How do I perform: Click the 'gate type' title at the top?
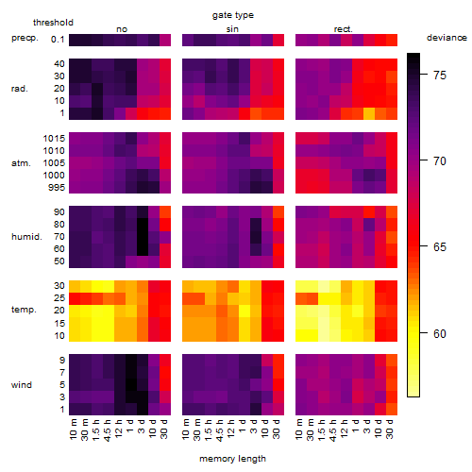point(233,15)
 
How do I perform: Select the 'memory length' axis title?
point(232,459)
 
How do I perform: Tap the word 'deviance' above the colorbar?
point(447,38)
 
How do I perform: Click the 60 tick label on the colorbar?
point(440,333)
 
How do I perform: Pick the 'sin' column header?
point(232,29)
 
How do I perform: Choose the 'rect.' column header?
point(343,29)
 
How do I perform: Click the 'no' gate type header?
point(122,29)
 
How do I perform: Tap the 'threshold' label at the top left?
point(53,23)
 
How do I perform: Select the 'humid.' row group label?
point(26,237)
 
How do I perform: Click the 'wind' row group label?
point(22,385)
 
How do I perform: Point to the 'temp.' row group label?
point(24,310)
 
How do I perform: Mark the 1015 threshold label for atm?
point(54,138)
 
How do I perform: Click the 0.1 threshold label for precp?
point(58,40)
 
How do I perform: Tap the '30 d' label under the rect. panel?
point(389,429)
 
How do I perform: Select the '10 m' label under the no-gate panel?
point(73,429)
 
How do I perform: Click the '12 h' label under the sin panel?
point(230,429)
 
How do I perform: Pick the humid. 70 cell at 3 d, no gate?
point(143,237)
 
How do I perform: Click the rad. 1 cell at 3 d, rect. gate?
point(369,113)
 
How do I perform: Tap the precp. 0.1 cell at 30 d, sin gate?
point(278,40)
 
